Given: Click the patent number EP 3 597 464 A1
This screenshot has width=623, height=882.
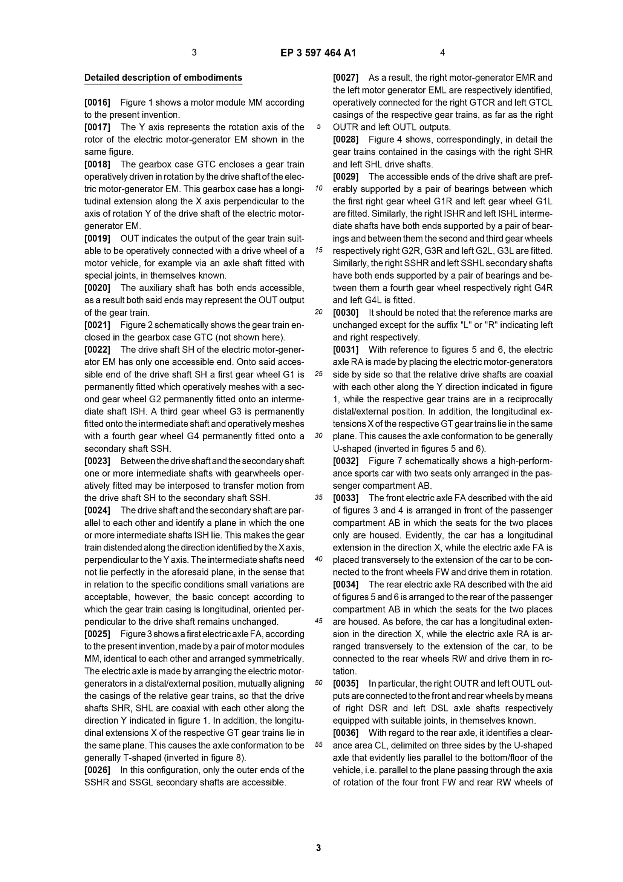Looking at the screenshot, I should tap(318, 53).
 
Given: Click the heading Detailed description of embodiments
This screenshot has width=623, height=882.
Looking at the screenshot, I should tap(163, 78).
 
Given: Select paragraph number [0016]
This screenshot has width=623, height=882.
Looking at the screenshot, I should tap(97, 103).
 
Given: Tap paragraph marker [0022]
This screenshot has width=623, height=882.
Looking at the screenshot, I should tap(97, 350).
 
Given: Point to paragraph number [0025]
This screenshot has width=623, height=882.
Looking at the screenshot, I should tap(97, 634).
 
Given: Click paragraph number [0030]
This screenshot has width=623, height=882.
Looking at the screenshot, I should tap(346, 313).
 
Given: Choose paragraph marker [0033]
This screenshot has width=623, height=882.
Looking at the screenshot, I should tap(346, 498).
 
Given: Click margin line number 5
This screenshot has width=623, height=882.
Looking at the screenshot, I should tap(318, 127).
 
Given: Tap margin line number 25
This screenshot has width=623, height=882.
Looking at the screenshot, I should tap(318, 374).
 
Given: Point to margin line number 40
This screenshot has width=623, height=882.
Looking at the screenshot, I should tap(318, 559).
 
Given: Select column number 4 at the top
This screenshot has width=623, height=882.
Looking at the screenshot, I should tap(442, 53).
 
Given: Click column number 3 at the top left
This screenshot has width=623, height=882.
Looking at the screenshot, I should tap(194, 53).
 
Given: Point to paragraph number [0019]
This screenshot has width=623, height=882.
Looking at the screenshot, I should tap(97, 239).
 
